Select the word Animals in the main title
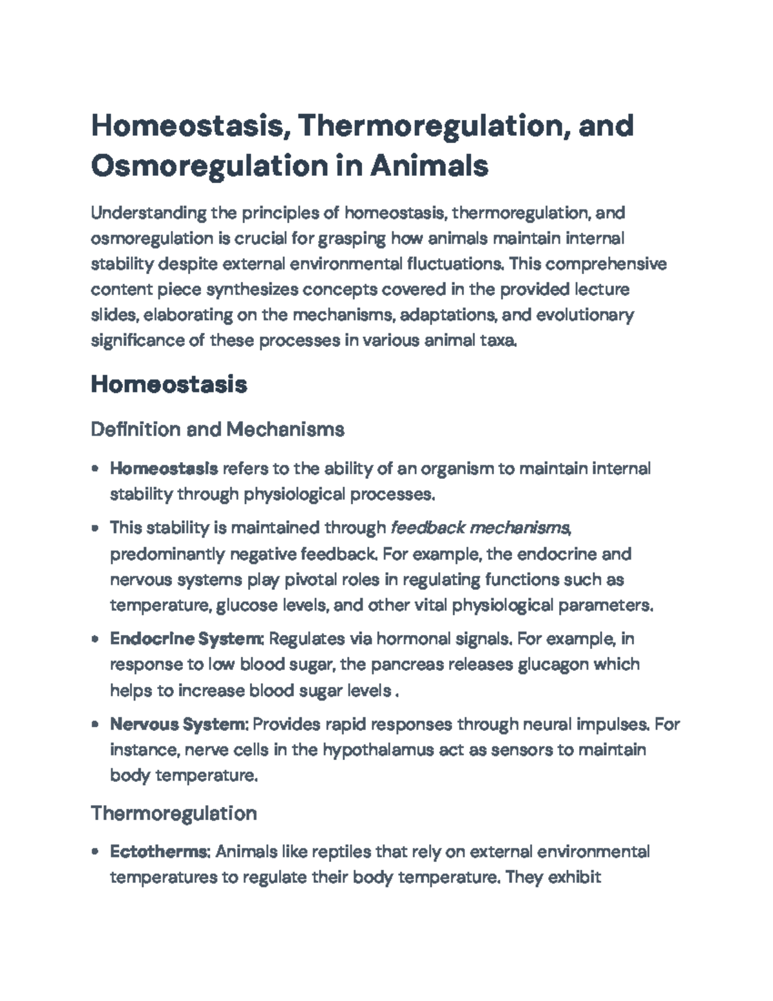click(x=429, y=166)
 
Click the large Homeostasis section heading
click(x=169, y=385)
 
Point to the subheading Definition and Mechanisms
click(x=217, y=429)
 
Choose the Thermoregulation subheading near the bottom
click(x=174, y=813)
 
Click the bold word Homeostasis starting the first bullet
click(x=164, y=469)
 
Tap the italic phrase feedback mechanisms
click(x=480, y=529)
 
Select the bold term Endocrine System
click(x=186, y=639)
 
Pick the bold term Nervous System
click(x=178, y=724)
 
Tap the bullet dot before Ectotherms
click(x=95, y=852)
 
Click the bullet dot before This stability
click(x=95, y=529)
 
